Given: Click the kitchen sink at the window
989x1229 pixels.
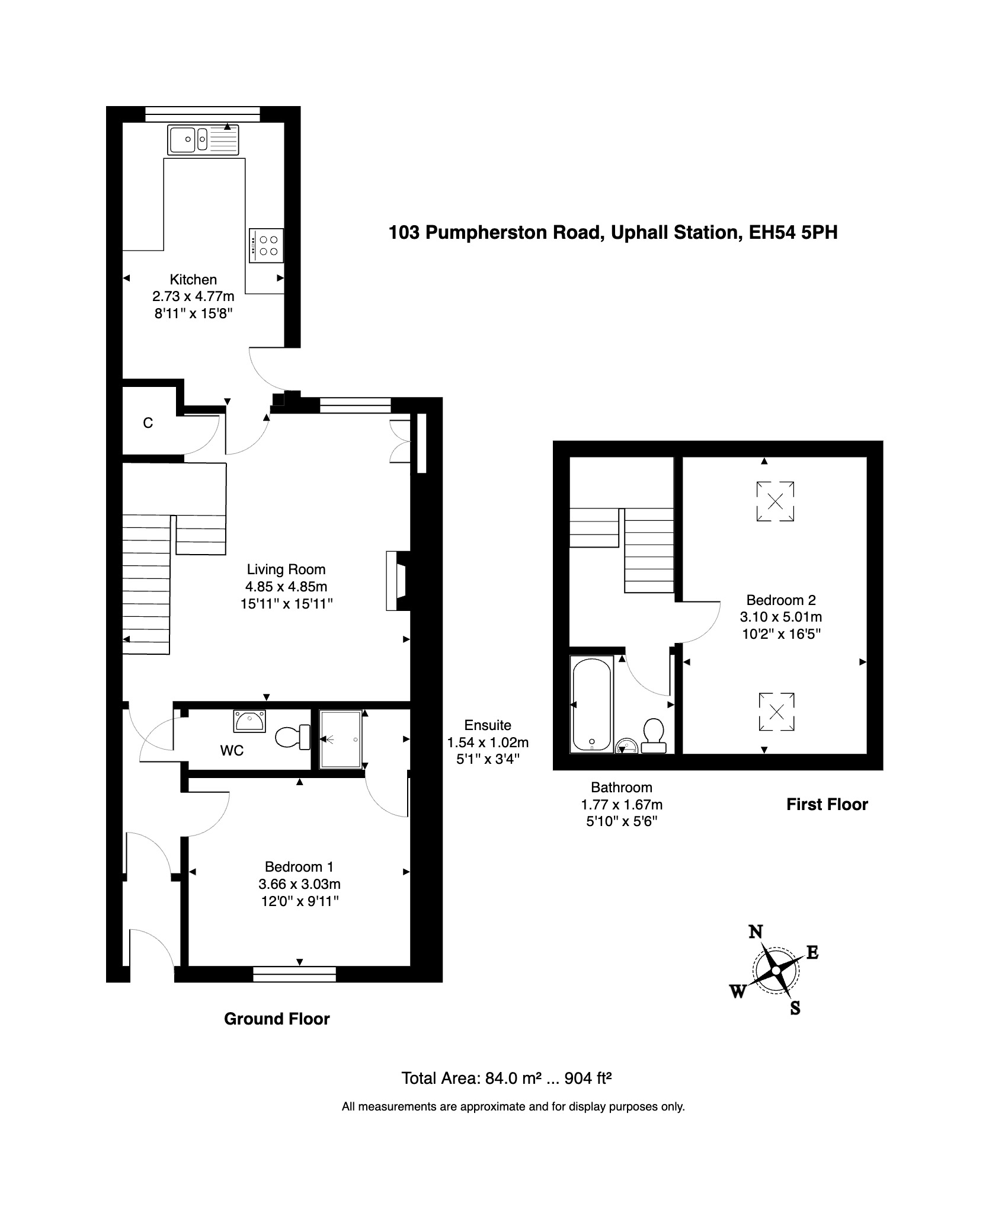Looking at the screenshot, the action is [205, 140].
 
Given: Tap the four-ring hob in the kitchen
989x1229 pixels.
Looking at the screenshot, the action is [266, 245].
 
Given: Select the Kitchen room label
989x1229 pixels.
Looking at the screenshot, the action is [193, 279].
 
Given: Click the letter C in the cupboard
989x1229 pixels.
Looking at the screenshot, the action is [148, 423].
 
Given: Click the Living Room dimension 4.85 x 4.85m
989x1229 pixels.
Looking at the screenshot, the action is [286, 587].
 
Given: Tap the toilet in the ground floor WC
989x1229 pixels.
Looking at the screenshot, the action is [293, 737].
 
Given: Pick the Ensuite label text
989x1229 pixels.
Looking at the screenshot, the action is [488, 725].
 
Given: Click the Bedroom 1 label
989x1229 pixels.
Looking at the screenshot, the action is [299, 866].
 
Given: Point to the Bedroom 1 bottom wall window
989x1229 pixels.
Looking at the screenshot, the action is [294, 974].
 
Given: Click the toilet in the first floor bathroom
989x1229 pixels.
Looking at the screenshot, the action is [654, 735].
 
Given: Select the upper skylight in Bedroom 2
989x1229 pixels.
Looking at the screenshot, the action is [775, 501].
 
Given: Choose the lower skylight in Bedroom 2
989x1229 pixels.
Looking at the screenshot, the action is [776, 711].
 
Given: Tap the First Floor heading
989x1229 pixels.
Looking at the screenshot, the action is [827, 804].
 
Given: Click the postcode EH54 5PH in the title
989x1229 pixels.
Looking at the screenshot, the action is [793, 232].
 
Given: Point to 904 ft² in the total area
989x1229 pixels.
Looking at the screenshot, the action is [588, 1078].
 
